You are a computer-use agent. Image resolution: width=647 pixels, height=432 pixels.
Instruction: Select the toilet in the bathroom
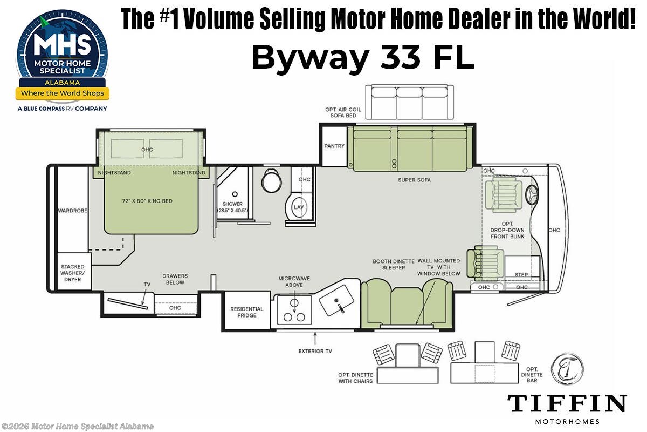tap(271, 180)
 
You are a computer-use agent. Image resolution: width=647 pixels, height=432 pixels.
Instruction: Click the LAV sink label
tap(298, 207)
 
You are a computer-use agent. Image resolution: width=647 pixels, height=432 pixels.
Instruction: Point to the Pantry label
tap(334, 146)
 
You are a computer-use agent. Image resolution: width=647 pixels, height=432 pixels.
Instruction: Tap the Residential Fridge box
tap(247, 312)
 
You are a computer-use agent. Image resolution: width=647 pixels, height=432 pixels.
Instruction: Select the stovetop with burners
tap(294, 310)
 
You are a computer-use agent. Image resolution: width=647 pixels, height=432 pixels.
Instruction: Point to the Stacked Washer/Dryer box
tap(73, 272)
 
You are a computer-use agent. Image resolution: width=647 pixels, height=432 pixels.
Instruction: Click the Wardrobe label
tap(73, 211)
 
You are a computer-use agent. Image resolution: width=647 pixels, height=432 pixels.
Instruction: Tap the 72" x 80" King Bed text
tap(147, 201)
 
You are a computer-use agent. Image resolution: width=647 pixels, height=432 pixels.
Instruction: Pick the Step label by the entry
tap(521, 275)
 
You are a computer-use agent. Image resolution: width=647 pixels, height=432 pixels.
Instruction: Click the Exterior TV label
tap(315, 351)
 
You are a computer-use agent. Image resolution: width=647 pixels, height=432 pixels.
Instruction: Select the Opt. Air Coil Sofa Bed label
tap(343, 112)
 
